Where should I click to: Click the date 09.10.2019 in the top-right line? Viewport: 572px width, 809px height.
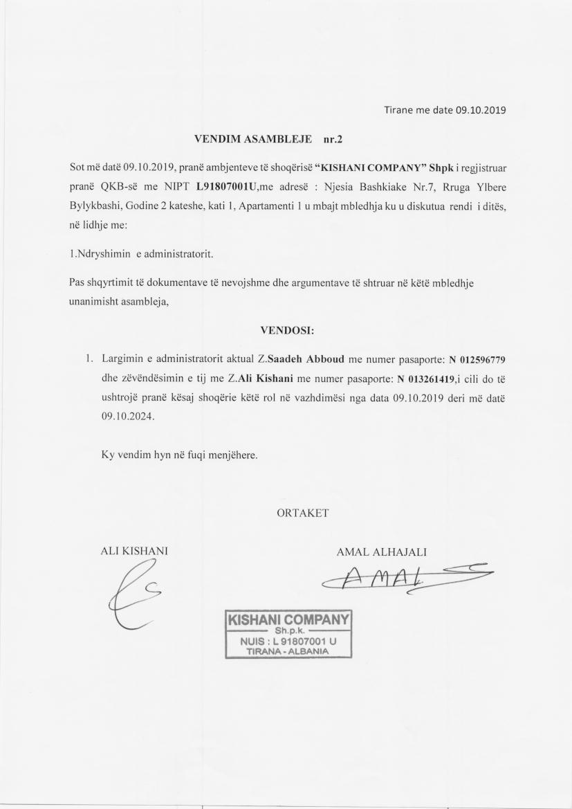click(481, 110)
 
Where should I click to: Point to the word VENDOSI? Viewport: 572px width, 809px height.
click(286, 330)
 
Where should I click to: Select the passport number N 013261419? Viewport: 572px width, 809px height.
click(425, 379)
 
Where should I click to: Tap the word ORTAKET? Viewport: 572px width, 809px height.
click(302, 513)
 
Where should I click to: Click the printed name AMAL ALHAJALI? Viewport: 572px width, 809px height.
click(381, 552)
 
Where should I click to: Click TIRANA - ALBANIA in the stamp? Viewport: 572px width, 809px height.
click(288, 651)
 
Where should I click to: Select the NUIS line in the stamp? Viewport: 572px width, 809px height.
click(288, 642)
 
